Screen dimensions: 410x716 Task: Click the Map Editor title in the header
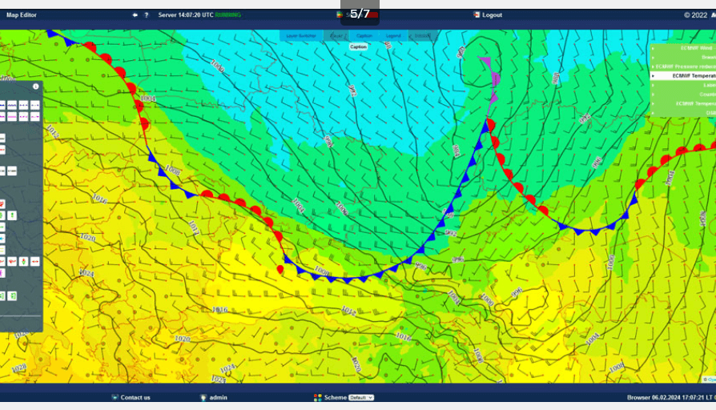point(22,14)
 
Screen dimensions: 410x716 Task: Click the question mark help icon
point(147,14)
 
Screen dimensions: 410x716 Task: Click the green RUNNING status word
point(227,14)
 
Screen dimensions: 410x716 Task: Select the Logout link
point(492,14)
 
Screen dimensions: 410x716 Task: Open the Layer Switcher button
point(301,36)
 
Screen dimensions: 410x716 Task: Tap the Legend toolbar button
point(392,36)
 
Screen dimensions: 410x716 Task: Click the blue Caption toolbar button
point(364,36)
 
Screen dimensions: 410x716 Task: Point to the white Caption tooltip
point(359,46)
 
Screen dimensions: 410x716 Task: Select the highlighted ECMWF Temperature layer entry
point(688,75)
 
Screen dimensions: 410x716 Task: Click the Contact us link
point(135,397)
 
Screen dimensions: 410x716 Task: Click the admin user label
point(218,397)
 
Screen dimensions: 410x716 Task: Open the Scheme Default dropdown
point(361,397)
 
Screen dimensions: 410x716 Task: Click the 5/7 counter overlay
point(360,14)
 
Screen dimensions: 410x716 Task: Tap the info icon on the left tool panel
point(35,86)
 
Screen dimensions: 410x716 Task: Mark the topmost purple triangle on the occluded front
point(484,60)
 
